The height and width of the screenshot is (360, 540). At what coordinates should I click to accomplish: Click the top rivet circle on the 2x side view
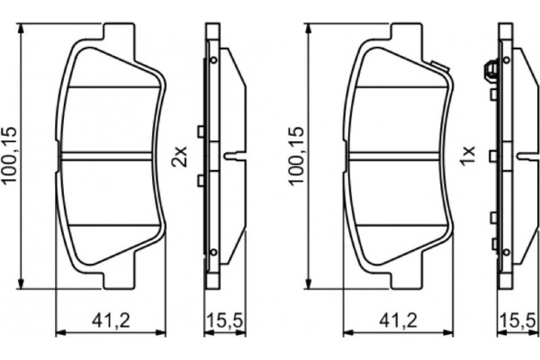(214, 60)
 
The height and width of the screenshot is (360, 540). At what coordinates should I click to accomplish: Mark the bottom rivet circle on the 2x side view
(214, 254)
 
